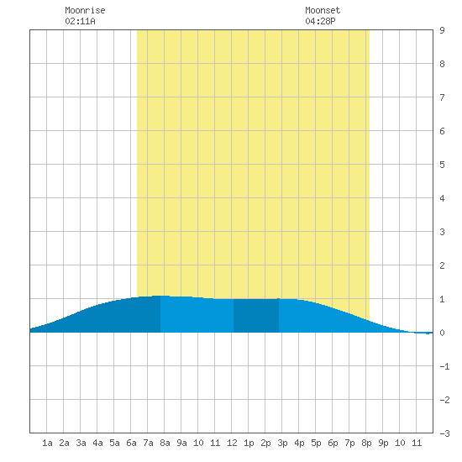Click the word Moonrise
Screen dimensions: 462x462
(85, 10)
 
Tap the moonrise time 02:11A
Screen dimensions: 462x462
(80, 21)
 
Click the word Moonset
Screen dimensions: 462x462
(323, 10)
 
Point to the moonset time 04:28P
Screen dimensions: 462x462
(320, 21)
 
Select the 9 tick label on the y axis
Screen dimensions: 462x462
(442, 30)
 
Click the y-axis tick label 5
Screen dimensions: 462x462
(442, 165)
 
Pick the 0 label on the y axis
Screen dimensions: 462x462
(442, 333)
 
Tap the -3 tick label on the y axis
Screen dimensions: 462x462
(444, 433)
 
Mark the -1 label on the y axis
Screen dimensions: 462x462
(444, 366)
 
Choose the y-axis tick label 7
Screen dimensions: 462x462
(442, 97)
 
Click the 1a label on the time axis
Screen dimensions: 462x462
(47, 443)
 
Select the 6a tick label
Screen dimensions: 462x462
(131, 443)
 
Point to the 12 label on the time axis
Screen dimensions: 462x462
(232, 443)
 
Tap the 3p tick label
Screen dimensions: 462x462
(282, 443)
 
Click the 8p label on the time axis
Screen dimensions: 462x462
(366, 443)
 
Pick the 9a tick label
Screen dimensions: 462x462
(181, 443)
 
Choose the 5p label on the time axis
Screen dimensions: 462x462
(316, 443)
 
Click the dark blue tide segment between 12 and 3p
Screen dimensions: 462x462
(256, 316)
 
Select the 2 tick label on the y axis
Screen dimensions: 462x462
(442, 265)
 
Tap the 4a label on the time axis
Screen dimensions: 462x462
(97, 443)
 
